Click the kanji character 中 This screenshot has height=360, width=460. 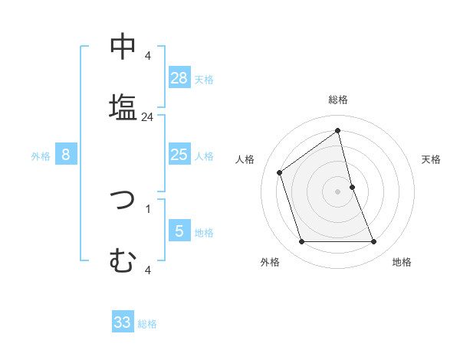(123, 47)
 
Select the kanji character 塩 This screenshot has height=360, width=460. (123, 106)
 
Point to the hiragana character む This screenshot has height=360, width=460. (123, 261)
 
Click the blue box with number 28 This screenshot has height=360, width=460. (179, 77)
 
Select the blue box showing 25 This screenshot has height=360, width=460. (179, 155)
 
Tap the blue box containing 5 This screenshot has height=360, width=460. (179, 231)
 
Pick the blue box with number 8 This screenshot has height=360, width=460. (66, 155)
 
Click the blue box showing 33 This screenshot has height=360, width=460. (123, 322)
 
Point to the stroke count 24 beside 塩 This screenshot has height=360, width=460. (148, 117)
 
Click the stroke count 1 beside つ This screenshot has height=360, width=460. (147, 208)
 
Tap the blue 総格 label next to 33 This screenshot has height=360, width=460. (148, 324)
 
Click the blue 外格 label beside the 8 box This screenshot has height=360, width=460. (41, 155)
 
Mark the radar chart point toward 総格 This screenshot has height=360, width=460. (337, 131)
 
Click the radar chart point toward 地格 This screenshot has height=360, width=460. (374, 242)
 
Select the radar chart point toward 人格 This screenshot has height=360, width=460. (280, 172)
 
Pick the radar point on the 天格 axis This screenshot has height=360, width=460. (352, 186)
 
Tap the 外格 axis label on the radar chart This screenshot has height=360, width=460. (270, 263)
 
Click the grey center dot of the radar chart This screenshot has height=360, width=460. (337, 191)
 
